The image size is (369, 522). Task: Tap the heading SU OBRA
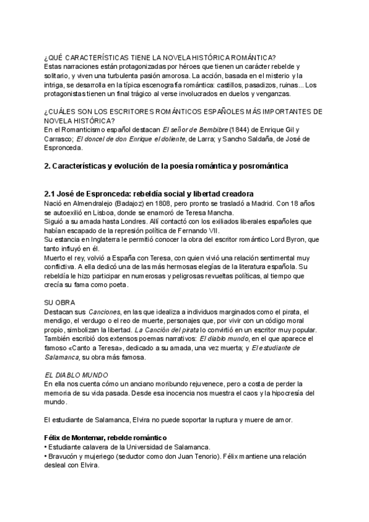[60, 303]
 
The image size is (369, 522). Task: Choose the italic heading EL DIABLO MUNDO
[77, 374]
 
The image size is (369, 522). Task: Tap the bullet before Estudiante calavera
[46, 448]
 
